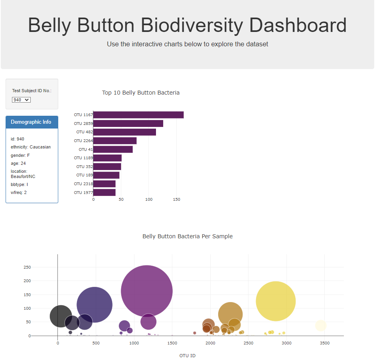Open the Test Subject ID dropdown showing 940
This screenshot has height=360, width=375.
coord(21,100)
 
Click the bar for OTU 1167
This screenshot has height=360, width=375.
coord(138,115)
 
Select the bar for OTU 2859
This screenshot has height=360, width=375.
coord(128,124)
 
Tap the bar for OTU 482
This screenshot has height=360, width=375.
coord(124,132)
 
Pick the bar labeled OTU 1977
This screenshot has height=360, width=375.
coord(105,192)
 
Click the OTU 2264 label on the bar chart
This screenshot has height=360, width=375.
coord(83,140)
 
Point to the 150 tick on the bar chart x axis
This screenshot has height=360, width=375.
coord(176,199)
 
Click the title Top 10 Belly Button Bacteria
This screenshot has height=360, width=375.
coord(141,93)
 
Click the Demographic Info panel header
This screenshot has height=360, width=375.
coord(32,122)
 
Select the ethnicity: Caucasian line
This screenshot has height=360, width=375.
coord(31,147)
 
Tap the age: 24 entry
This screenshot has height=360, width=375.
coord(18,163)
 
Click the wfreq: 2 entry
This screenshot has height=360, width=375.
coord(19,192)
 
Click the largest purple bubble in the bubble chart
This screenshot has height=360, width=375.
coord(147,291)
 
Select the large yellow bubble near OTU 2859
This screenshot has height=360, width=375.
coord(276,301)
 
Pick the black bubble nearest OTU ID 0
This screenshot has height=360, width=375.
coord(61,316)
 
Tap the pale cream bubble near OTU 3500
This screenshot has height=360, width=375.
coord(320,326)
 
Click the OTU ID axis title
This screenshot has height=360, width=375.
coord(187,356)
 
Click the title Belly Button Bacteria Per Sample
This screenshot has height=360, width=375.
coord(187,236)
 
